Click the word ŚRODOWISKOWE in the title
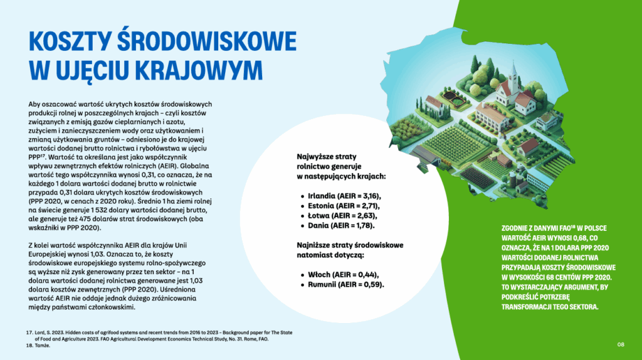(x=207, y=41)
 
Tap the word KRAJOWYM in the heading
(x=199, y=70)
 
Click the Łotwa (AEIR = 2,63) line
(x=339, y=216)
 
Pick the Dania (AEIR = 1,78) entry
(x=338, y=226)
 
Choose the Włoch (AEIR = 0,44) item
(x=340, y=275)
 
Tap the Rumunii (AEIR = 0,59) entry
(x=342, y=285)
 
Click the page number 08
(x=621, y=344)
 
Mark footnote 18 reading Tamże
(x=38, y=346)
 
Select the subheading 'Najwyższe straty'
(x=326, y=157)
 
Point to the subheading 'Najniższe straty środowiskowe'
(x=350, y=245)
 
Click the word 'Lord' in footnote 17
(x=39, y=332)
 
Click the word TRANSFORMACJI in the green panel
(x=524, y=307)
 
